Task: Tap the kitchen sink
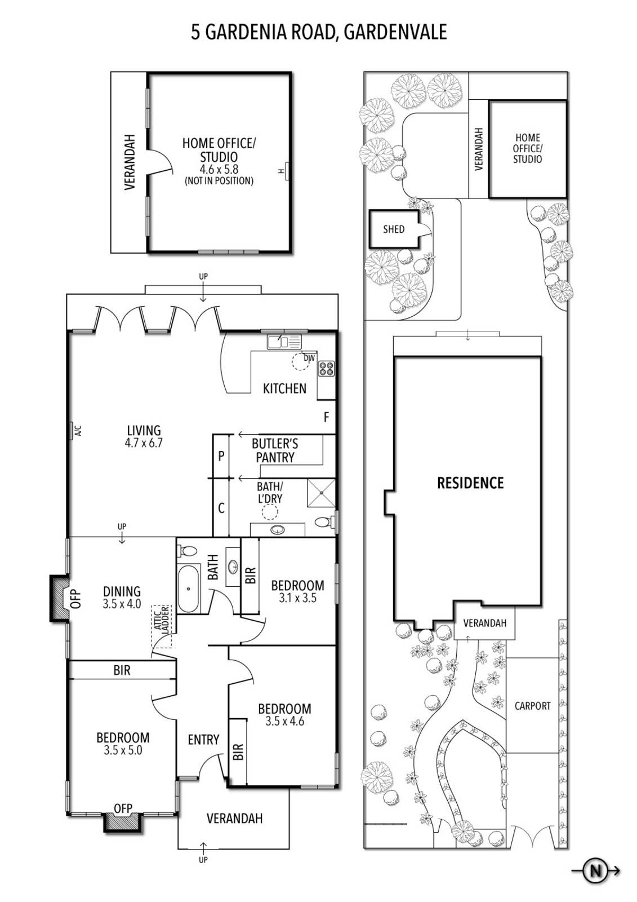click(284, 342)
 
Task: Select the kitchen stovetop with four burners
click(326, 369)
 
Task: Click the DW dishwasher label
click(309, 357)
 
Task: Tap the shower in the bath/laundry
click(321, 493)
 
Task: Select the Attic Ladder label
click(162, 621)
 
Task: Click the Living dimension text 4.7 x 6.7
click(144, 443)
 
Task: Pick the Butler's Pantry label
click(275, 450)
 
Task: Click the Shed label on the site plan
click(394, 229)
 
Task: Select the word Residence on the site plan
click(470, 483)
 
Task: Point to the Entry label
click(204, 740)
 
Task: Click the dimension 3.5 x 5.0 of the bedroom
click(123, 750)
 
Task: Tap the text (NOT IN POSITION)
click(219, 181)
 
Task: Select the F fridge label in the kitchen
click(326, 417)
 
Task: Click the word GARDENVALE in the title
click(395, 32)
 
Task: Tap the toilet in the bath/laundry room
click(323, 522)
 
